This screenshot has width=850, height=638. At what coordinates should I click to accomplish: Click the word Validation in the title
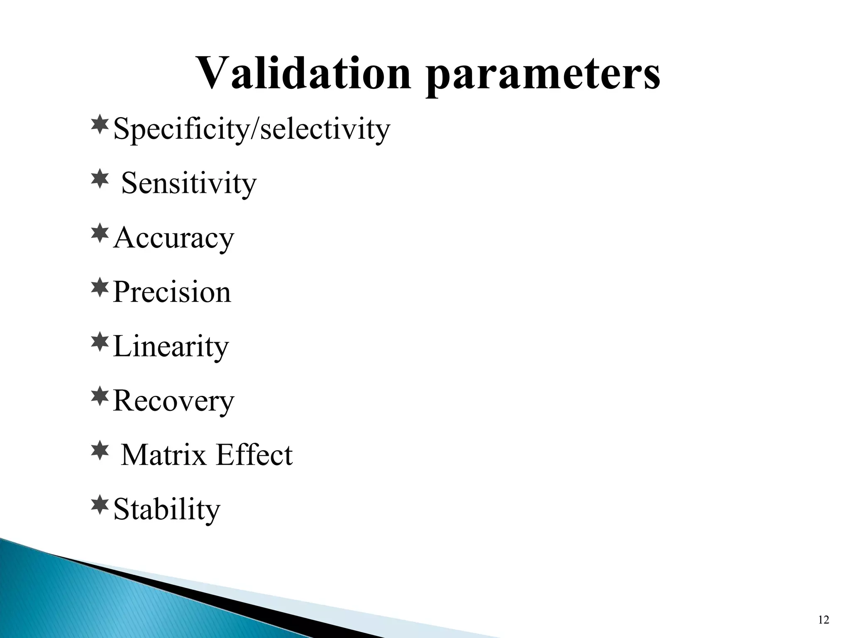(x=304, y=74)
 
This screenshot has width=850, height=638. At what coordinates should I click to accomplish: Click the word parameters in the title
(x=542, y=77)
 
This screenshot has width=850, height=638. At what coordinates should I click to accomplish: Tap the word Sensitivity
(x=189, y=183)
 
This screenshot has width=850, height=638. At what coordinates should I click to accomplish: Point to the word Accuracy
(x=173, y=238)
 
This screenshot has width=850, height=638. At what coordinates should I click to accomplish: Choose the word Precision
(x=172, y=292)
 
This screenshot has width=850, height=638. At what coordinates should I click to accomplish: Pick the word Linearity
(x=171, y=346)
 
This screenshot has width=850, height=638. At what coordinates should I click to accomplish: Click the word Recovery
(x=173, y=401)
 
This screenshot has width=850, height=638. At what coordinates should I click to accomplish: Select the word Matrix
(x=164, y=455)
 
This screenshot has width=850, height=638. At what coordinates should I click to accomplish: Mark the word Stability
(x=166, y=509)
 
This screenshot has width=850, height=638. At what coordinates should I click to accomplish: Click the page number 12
(x=823, y=620)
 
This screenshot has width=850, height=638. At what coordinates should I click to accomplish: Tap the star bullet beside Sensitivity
(x=99, y=180)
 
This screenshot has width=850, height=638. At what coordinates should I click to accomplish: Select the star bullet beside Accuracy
(x=99, y=234)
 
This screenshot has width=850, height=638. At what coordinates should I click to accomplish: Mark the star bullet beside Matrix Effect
(x=99, y=451)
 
